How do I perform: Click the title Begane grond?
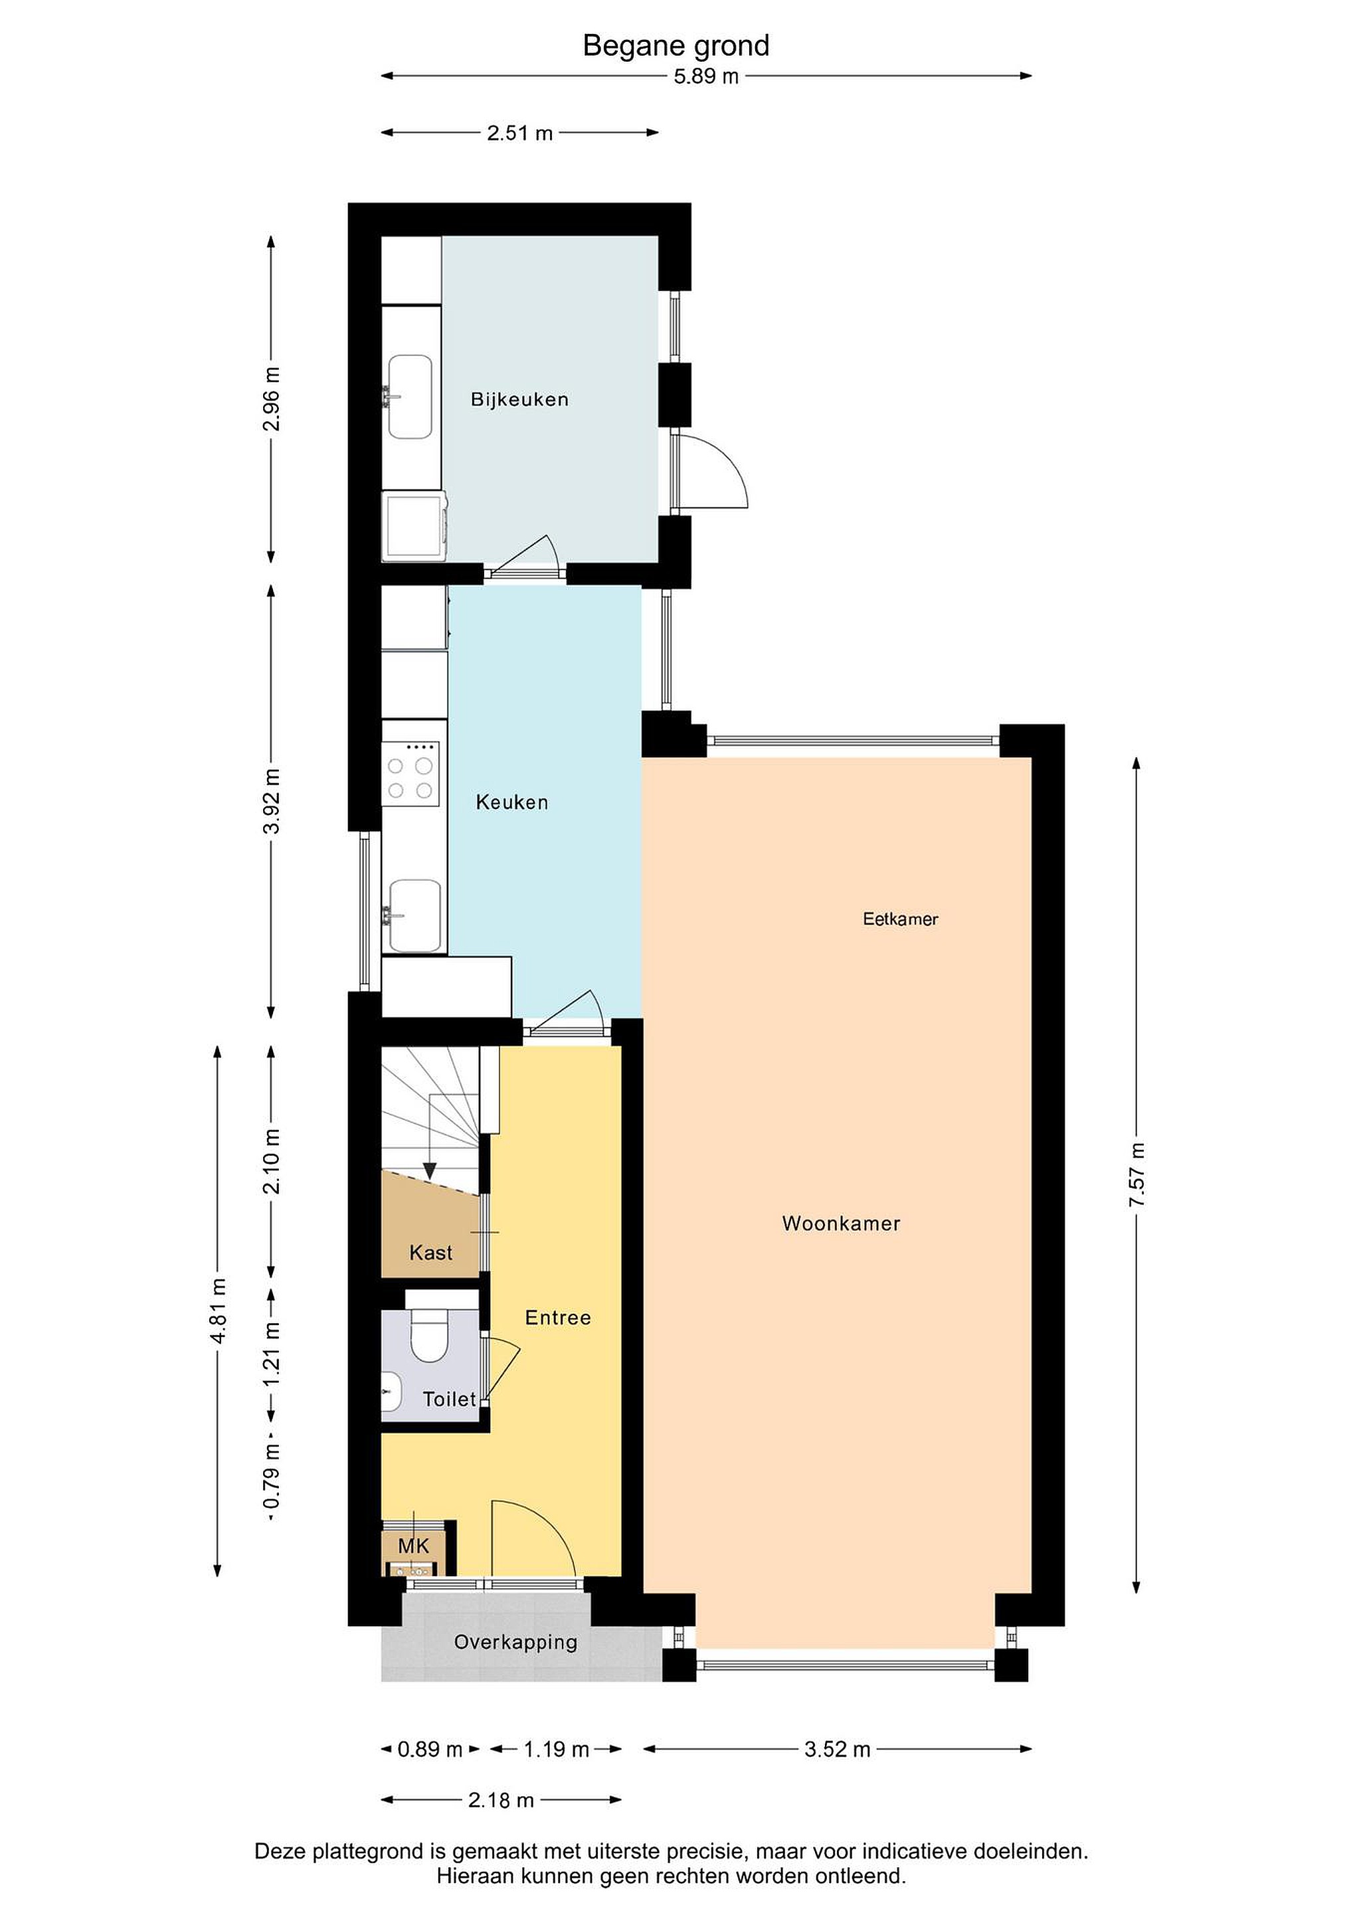pyautogui.click(x=676, y=46)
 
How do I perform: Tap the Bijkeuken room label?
pyautogui.click(x=520, y=399)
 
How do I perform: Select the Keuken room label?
pyautogui.click(x=511, y=802)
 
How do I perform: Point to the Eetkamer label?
pyautogui.click(x=900, y=919)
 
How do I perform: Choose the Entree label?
pyautogui.click(x=558, y=1317)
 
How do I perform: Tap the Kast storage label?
pyautogui.click(x=430, y=1252)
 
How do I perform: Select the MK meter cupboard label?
pyautogui.click(x=413, y=1546)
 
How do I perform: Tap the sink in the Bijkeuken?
pyautogui.click(x=409, y=397)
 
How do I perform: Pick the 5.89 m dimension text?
pyautogui.click(x=707, y=76)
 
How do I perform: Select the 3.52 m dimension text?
pyautogui.click(x=838, y=1750)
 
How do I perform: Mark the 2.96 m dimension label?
pyautogui.click(x=272, y=399)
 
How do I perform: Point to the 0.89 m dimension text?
pyautogui.click(x=430, y=1750)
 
